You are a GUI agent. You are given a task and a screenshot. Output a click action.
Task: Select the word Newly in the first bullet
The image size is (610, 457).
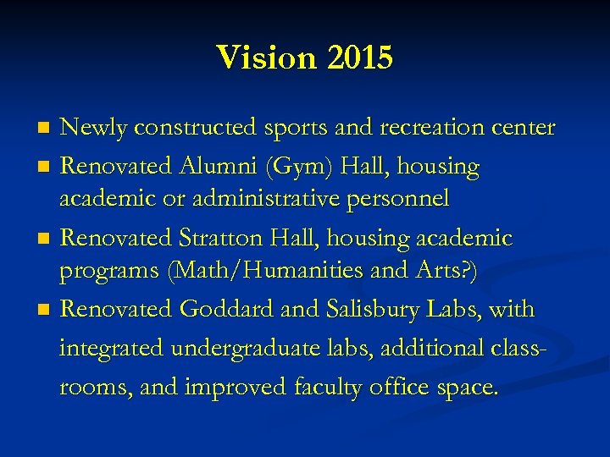92,129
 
